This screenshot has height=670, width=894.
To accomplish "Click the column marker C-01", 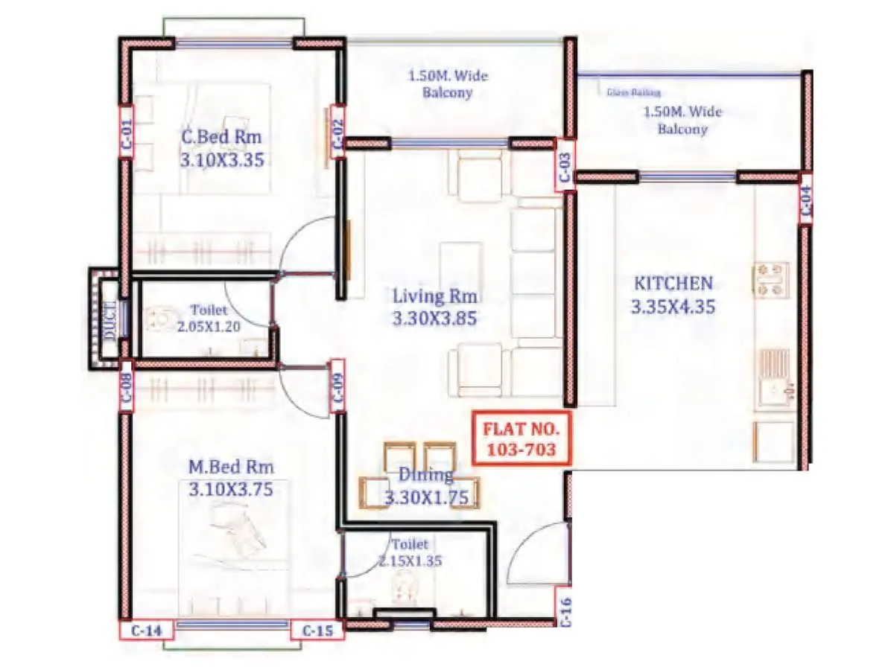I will [126, 132].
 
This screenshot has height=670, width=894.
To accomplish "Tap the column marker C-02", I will [337, 132].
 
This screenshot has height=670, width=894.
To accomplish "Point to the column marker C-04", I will [806, 200].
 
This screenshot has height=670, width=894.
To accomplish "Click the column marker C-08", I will [126, 386].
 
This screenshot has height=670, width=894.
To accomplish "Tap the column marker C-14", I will [147, 630].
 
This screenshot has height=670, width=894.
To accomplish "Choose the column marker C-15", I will [317, 630].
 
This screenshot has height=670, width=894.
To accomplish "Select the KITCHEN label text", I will [673, 284].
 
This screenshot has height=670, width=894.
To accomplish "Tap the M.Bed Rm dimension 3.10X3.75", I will [231, 489].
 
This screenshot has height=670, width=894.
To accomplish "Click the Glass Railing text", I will [629, 93].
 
